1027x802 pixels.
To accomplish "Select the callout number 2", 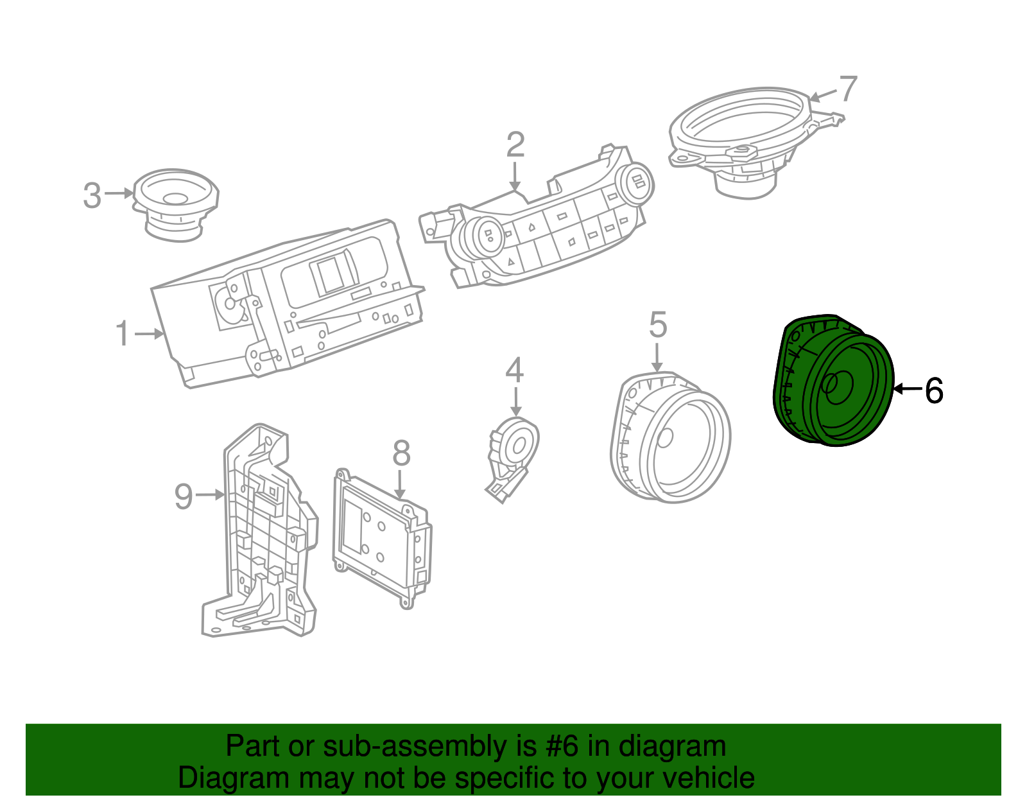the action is [x=515, y=146].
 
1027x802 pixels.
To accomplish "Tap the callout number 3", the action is [x=92, y=195].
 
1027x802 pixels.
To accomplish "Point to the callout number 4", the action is [x=514, y=371].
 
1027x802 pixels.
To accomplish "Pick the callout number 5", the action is [x=658, y=326].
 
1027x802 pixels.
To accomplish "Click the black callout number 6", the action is [x=934, y=390].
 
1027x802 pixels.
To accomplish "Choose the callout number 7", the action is [x=848, y=89].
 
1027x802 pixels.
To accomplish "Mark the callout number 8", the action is [x=401, y=454].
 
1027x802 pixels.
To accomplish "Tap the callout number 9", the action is [x=184, y=496].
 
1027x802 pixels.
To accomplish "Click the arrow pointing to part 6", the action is [x=907, y=389].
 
